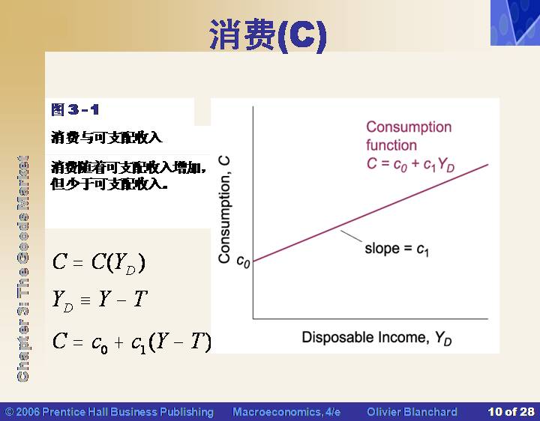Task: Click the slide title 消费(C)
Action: pyautogui.click(x=268, y=35)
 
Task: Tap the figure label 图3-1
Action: pyautogui.click(x=75, y=109)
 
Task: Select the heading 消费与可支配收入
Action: pyautogui.click(x=106, y=138)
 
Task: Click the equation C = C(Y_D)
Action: pyautogui.click(x=99, y=263)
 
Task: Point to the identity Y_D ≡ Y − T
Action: pyautogui.click(x=100, y=300)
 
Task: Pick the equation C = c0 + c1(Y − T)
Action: pyautogui.click(x=131, y=342)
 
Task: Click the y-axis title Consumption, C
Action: pyautogui.click(x=224, y=210)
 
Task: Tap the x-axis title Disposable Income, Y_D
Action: pyautogui.click(x=376, y=338)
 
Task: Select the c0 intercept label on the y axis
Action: pyautogui.click(x=243, y=261)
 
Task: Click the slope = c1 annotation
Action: pyautogui.click(x=397, y=249)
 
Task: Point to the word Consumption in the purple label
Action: pyautogui.click(x=409, y=127)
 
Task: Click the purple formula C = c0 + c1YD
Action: pyautogui.click(x=410, y=164)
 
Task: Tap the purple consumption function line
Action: pyautogui.click(x=370, y=213)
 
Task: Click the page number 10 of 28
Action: pyautogui.click(x=511, y=412)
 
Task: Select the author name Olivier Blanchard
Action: pyautogui.click(x=412, y=412)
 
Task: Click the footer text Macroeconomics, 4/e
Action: pyautogui.click(x=286, y=412)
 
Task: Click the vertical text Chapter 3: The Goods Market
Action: pyautogui.click(x=22, y=269)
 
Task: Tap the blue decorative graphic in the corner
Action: pyautogui.click(x=515, y=22)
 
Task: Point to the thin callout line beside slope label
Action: pyautogui.click(x=351, y=236)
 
